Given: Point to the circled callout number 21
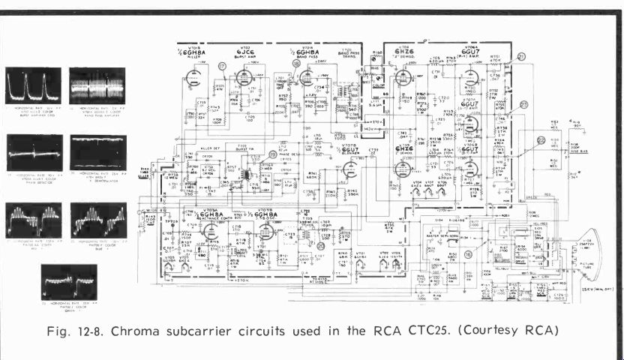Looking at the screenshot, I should click(521, 57).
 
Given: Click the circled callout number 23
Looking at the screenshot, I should click(524, 104).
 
